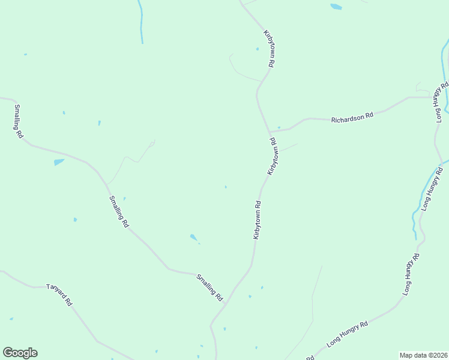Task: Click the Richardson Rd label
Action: point(352,116)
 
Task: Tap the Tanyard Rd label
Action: point(59,294)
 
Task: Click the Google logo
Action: point(20,352)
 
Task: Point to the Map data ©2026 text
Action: point(423,355)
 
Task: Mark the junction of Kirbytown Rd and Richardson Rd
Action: point(270,131)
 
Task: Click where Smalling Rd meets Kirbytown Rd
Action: point(226,303)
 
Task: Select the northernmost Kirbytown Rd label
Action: point(269,48)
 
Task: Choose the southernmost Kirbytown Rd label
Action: point(257,220)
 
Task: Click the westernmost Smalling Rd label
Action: point(19,121)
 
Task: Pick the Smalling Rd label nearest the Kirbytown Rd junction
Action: point(210,287)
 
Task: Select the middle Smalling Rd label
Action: point(119,211)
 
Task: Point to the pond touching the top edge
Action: point(336,7)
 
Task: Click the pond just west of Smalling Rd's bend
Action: point(58,162)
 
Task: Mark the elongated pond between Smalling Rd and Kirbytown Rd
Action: point(194,238)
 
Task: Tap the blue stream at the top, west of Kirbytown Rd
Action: point(140,21)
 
